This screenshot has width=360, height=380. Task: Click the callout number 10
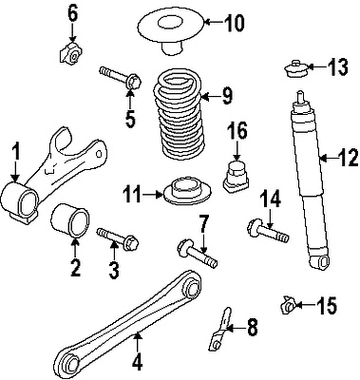pyautogui.click(x=235, y=23)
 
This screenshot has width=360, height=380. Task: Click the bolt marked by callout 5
pyautogui.click(x=121, y=78)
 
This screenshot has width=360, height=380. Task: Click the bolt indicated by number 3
pyautogui.click(x=118, y=239)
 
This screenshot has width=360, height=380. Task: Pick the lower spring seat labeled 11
pyautogui.click(x=187, y=192)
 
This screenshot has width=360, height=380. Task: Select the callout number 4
pyautogui.click(x=137, y=365)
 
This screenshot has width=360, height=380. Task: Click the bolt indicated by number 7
pyautogui.click(x=197, y=253)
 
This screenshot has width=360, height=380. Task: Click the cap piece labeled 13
pyautogui.click(x=295, y=68)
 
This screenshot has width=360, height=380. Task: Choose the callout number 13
pyautogui.click(x=337, y=66)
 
